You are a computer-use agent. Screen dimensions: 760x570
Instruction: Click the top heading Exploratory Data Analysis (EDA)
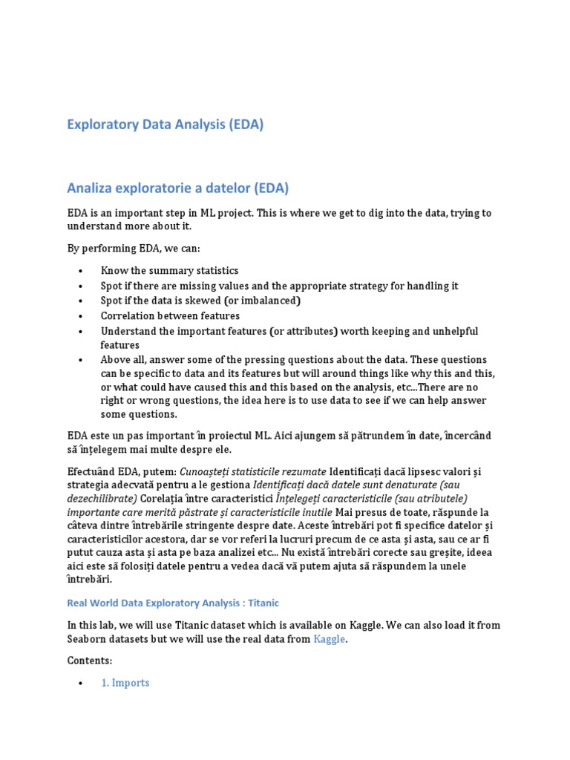(166, 125)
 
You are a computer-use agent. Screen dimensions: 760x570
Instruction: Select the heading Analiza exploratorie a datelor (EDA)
(178, 188)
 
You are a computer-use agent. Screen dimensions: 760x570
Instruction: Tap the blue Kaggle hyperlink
(329, 638)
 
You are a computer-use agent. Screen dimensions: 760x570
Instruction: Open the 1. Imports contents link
(125, 682)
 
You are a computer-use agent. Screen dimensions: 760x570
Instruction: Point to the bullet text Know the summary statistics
(169, 271)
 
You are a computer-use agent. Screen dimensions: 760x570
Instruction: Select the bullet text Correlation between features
(170, 315)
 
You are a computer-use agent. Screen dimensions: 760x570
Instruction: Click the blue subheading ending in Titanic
(173, 603)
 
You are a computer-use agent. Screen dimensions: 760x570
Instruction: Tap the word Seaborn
(88, 638)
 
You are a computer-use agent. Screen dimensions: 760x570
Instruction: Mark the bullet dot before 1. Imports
(80, 683)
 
